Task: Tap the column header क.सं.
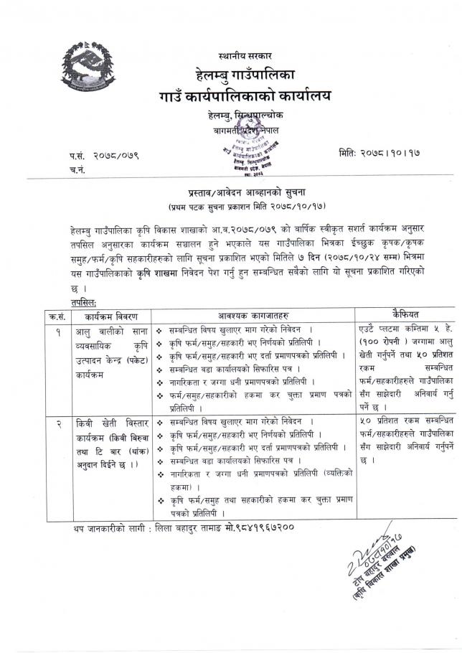pyautogui.click(x=56, y=316)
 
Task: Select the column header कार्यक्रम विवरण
pyautogui.click(x=108, y=316)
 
